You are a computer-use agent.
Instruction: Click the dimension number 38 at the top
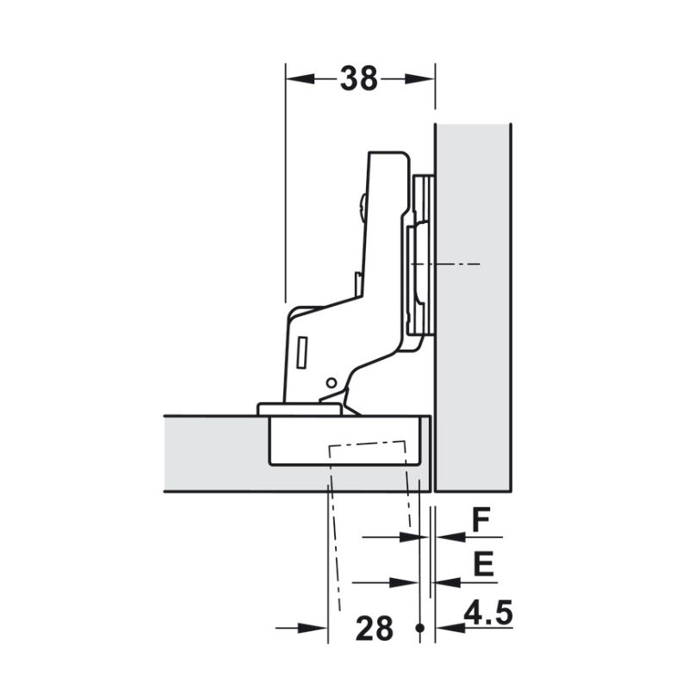pyautogui.click(x=358, y=78)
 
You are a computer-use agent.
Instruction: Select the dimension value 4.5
pyautogui.click(x=488, y=614)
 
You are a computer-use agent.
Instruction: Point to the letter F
pyautogui.click(x=481, y=519)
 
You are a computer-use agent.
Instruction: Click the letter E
pyautogui.click(x=483, y=565)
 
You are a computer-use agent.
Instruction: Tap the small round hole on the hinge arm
pyautogui.click(x=332, y=382)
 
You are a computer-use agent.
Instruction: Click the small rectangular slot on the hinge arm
pyautogui.click(x=302, y=348)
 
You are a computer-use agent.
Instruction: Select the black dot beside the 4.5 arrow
pyautogui.click(x=420, y=628)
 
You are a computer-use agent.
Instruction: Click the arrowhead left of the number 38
pyautogui.click(x=297, y=79)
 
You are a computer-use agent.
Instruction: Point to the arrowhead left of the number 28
pyautogui.click(x=317, y=628)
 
